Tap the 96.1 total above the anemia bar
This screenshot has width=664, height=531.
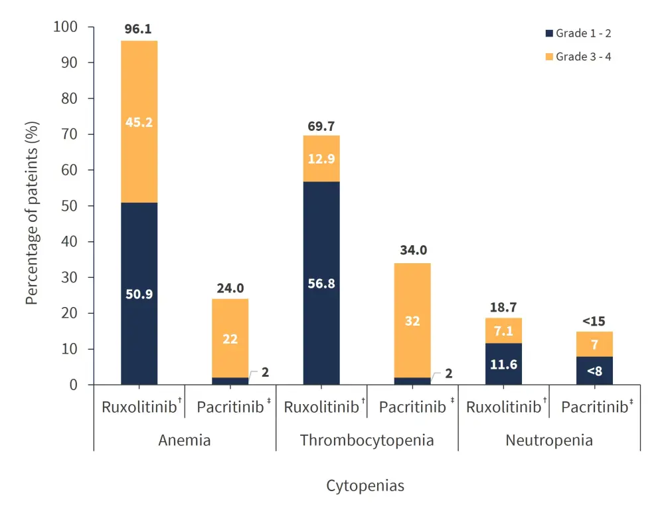click(139, 30)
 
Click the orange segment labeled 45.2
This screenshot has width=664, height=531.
click(139, 122)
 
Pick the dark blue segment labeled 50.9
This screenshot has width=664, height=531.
click(139, 294)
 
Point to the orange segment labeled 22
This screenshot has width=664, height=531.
click(230, 338)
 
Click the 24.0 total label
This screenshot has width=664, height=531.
click(230, 288)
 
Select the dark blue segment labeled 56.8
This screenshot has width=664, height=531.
click(321, 283)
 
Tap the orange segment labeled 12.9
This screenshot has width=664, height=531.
click(321, 159)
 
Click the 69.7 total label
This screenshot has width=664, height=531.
click(321, 126)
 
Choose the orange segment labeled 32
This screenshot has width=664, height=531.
click(412, 320)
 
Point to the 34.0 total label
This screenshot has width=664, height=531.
click(412, 252)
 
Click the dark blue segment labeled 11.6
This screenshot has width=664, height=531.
click(503, 364)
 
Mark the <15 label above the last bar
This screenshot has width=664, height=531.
click(594, 322)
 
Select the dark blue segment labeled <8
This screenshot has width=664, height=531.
click(594, 371)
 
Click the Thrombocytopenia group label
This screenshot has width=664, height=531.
click(367, 440)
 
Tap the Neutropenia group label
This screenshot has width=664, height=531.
click(549, 440)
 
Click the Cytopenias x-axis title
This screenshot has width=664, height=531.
click(365, 486)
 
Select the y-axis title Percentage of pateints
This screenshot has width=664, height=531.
click(31, 213)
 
